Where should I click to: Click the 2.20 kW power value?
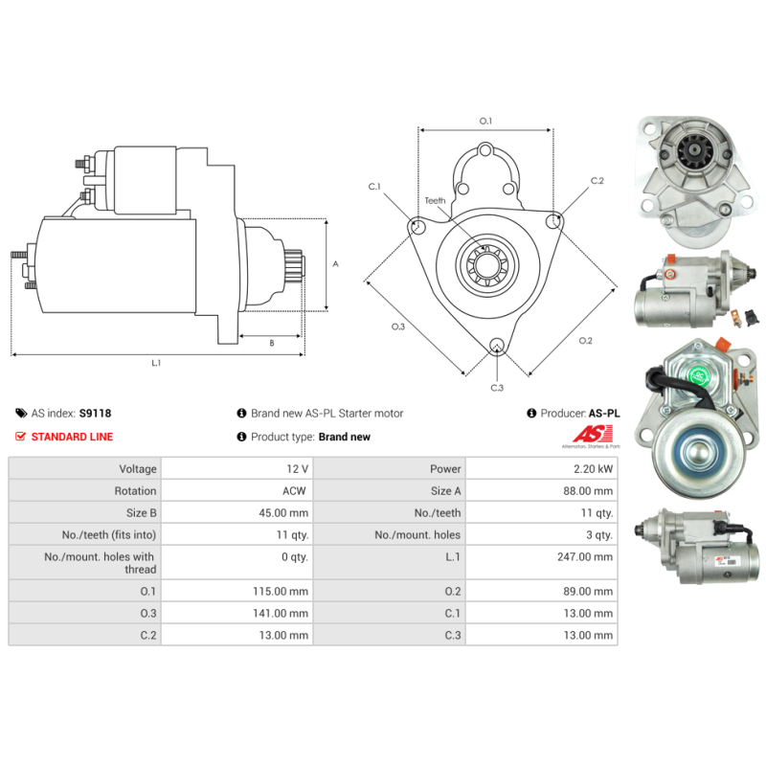click(x=595, y=469)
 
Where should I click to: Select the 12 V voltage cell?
click(x=298, y=469)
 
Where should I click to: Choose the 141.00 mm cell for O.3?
click(x=285, y=614)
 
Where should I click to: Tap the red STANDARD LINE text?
click(x=72, y=437)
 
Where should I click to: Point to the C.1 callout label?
click(x=374, y=187)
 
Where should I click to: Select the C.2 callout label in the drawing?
click(x=597, y=180)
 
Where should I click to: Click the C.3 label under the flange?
click(x=497, y=387)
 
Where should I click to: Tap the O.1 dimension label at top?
click(x=485, y=121)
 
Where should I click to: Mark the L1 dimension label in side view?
click(x=156, y=363)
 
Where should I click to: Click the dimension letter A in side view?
click(x=334, y=264)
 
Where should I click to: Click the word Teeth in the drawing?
click(x=436, y=201)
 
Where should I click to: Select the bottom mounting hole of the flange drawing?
click(x=496, y=347)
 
